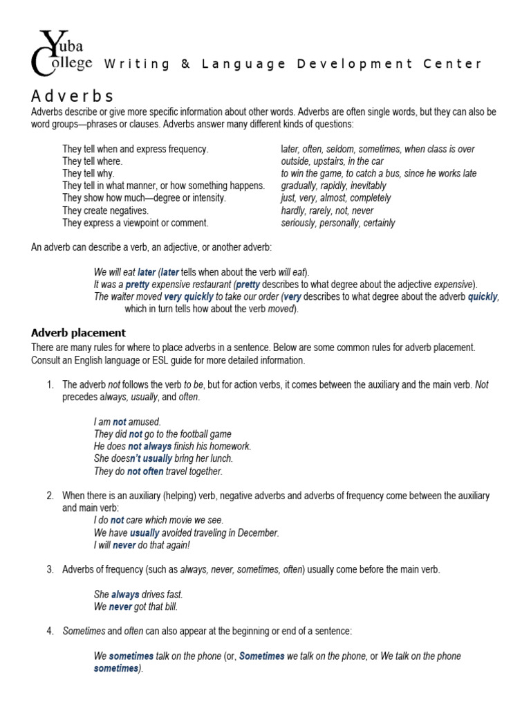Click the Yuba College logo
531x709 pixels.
tap(61, 53)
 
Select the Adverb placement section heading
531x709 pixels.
tap(78, 332)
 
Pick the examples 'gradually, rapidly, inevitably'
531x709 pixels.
tap(333, 186)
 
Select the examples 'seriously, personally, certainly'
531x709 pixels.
tap(338, 223)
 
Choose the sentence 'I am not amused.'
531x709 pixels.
tap(127, 421)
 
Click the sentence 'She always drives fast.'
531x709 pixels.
tap(138, 594)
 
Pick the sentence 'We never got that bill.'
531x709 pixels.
tap(136, 607)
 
